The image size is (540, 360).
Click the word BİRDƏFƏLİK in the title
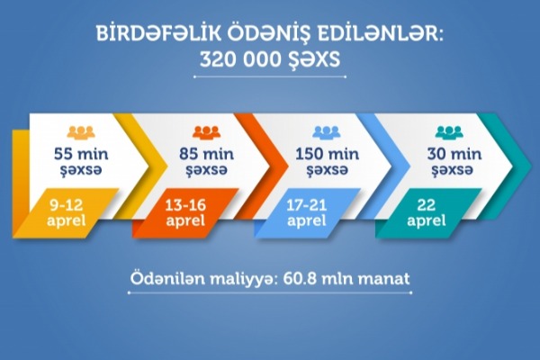click(x=158, y=34)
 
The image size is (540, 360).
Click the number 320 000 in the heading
click(x=240, y=60)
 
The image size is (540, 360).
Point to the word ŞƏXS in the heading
click(x=314, y=61)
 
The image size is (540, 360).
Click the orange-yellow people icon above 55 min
click(x=81, y=133)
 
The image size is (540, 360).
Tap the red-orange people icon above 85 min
click(x=206, y=133)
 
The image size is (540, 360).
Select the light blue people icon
click(x=327, y=133)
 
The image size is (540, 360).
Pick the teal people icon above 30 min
click(x=449, y=133)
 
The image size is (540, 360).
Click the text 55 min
click(x=81, y=154)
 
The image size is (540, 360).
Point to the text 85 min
click(x=207, y=154)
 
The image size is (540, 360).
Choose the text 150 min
click(x=328, y=154)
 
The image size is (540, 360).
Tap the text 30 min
click(x=454, y=154)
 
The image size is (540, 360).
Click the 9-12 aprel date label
click(x=66, y=213)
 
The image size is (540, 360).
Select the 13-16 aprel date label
click(x=185, y=213)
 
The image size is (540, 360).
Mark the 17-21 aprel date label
click(x=307, y=213)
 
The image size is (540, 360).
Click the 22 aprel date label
click(x=427, y=213)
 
